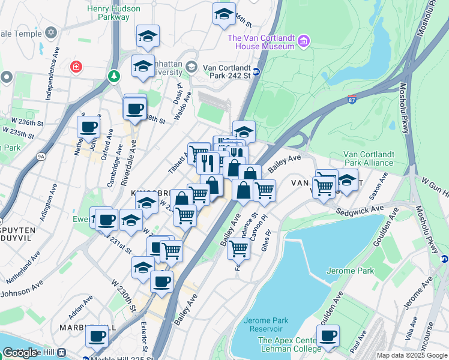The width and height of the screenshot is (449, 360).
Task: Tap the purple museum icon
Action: (304, 41)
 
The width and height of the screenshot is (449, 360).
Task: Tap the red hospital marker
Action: (76, 66)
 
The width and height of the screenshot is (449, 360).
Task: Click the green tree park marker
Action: (113, 76)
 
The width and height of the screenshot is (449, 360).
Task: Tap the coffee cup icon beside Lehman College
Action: (328, 337)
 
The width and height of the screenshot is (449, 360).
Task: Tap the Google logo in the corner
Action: (20, 353)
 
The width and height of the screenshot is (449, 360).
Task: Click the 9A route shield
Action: (41, 157)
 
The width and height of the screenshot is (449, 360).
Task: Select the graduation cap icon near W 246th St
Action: (224, 14)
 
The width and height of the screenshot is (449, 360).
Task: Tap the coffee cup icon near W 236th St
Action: (88, 127)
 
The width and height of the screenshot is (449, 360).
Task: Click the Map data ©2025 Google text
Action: (412, 355)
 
